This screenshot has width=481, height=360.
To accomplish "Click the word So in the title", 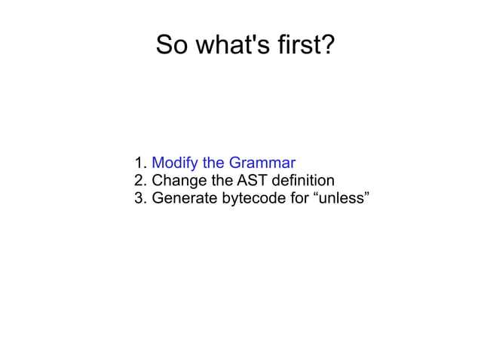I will click(171, 46).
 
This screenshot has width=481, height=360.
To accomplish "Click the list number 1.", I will click(139, 163).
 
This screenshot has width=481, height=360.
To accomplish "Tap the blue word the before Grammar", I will click(213, 163).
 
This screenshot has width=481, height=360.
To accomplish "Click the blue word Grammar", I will click(262, 163).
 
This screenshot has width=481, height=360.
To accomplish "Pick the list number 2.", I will click(139, 181).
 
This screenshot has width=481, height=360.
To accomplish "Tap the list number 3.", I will click(139, 199).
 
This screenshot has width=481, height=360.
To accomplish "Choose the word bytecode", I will click(253, 200).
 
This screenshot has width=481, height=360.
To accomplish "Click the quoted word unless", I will click(339, 199).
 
